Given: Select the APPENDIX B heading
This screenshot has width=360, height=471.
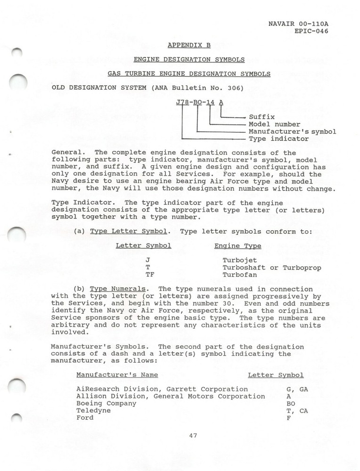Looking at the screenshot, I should (189, 46).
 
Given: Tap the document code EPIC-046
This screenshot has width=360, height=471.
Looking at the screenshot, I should (310, 31).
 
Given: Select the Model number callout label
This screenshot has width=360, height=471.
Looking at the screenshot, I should (274, 124).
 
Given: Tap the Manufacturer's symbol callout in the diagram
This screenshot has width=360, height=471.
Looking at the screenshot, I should (292, 131).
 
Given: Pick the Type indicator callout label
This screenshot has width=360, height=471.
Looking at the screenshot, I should (278, 139).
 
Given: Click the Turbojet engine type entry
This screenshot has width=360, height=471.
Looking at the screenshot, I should (240, 260).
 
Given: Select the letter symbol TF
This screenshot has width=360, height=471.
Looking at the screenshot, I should (149, 274).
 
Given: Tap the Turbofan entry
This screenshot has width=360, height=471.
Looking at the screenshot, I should (240, 274).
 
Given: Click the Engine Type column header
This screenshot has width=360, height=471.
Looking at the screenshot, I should (237, 245).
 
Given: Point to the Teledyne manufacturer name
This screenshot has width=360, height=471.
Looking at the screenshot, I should (93, 410).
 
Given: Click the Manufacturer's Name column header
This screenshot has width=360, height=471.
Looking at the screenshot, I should (117, 375).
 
